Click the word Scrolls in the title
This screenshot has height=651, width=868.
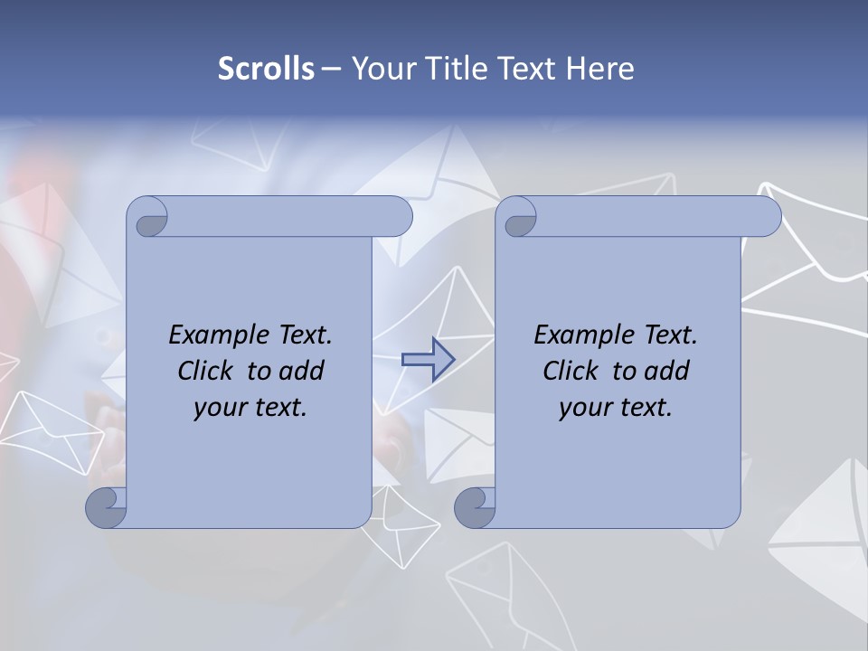click(267, 69)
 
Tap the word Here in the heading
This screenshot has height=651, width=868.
click(599, 69)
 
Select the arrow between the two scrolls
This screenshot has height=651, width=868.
click(428, 360)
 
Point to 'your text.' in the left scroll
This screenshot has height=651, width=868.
click(250, 407)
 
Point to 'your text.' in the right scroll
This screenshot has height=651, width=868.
click(616, 407)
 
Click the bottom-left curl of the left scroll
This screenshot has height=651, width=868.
click(106, 507)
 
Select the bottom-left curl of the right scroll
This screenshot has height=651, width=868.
click(475, 507)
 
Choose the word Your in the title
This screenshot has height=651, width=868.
click(382, 69)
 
